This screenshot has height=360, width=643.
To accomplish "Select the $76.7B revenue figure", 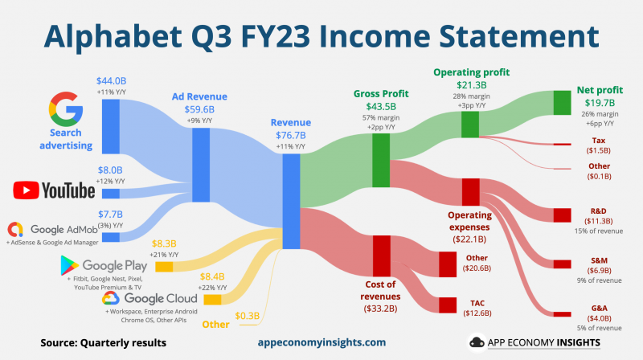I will tap(290, 135).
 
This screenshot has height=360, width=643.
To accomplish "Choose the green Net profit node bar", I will tap(562, 102).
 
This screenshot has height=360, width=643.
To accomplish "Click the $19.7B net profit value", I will tap(599, 103).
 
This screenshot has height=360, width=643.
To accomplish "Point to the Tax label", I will tap(599, 140).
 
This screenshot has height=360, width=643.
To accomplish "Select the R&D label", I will tap(599, 210).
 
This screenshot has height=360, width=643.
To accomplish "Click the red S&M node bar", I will tap(562, 263).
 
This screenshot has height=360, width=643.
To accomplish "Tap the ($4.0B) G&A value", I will tap(599, 317).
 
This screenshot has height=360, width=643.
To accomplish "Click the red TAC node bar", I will tap(448, 305).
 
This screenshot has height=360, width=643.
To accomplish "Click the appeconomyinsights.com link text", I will tap(321, 342).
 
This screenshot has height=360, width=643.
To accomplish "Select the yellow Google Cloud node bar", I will tap(213, 299).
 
